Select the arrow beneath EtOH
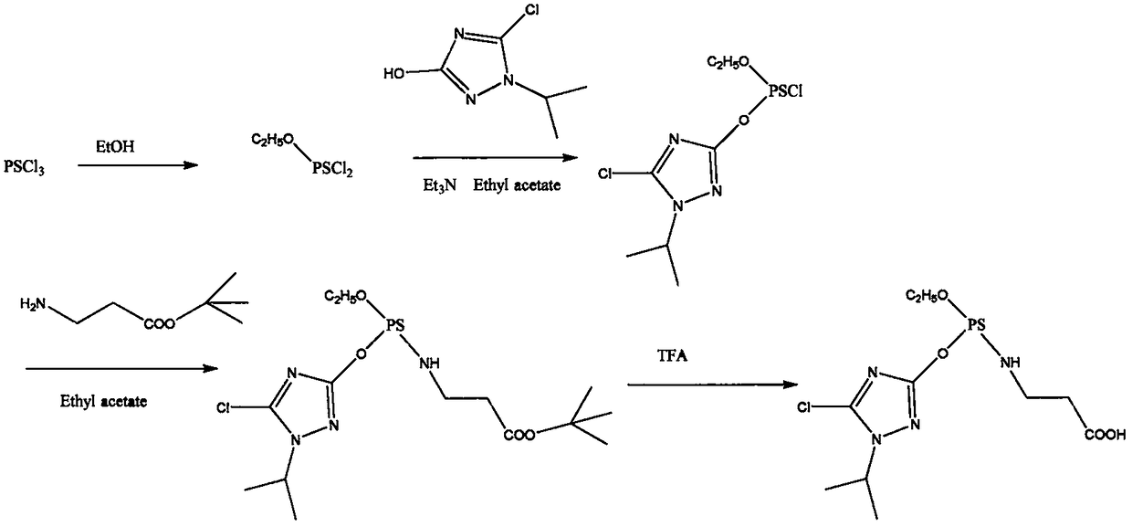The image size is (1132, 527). pos(137,165)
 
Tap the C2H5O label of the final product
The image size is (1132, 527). pos(929,295)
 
